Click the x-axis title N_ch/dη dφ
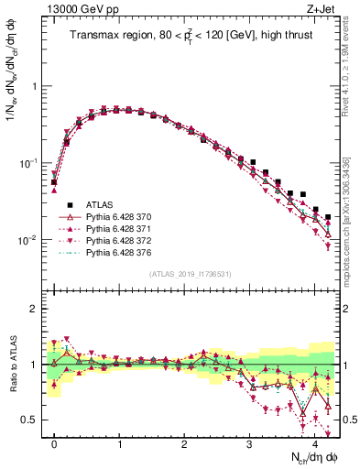pyautogui.click(x=309, y=458)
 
